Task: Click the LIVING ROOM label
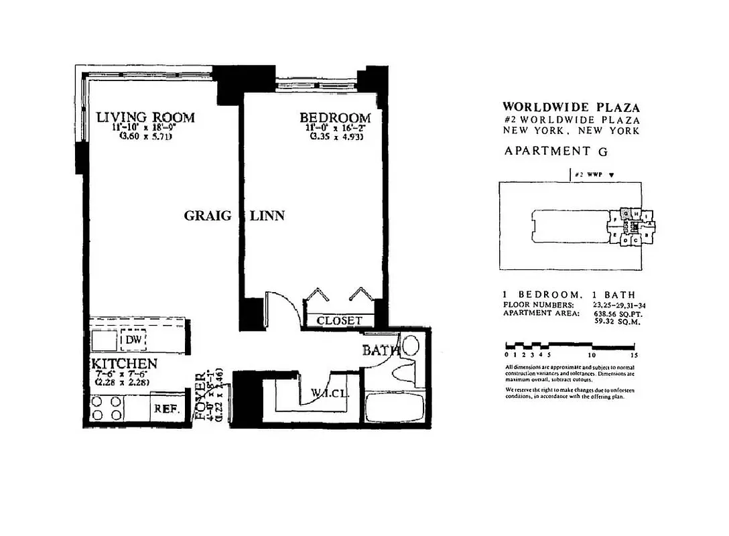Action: tap(145, 117)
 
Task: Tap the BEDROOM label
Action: tap(335, 118)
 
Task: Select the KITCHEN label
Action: tap(124, 364)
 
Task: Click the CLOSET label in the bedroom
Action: tap(340, 321)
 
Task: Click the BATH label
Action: tap(381, 350)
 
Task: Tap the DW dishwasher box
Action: tap(133, 340)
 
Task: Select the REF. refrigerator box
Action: tap(165, 408)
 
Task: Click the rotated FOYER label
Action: tap(201, 396)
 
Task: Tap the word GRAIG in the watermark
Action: tap(208, 216)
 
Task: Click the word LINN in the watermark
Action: tap(267, 216)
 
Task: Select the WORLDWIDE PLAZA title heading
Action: tap(571, 107)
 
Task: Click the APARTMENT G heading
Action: tap(547, 151)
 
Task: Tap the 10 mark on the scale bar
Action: tap(592, 354)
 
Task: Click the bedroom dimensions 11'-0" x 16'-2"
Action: tap(335, 128)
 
